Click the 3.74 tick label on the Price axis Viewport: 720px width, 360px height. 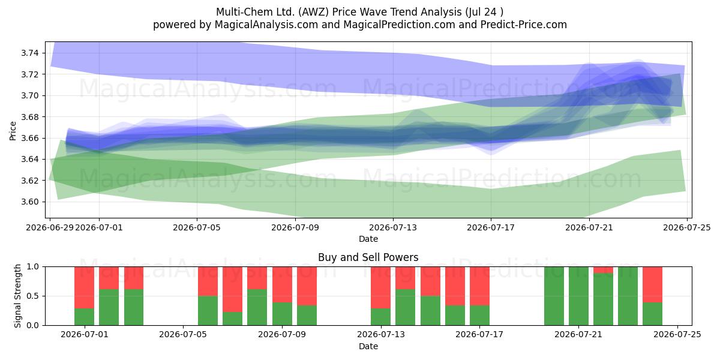point(29,53)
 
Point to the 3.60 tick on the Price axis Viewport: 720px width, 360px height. point(29,202)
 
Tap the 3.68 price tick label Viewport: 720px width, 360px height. point(29,117)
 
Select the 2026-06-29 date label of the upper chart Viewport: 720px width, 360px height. point(50,227)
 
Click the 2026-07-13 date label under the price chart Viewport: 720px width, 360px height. point(393,227)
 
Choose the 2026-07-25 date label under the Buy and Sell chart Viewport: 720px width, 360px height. point(677,334)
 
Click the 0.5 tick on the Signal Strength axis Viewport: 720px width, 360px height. point(33,296)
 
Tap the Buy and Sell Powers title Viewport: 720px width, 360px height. point(368,257)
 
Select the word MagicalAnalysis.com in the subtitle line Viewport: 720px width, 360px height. point(266,25)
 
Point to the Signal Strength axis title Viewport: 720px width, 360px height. point(17,296)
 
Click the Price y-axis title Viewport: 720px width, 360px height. point(13,131)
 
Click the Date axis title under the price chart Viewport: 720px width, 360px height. point(368,239)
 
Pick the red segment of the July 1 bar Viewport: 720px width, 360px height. point(84,287)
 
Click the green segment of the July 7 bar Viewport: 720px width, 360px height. point(232,319)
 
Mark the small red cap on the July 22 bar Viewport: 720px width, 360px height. point(604,269)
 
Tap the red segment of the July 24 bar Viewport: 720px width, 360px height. point(653,284)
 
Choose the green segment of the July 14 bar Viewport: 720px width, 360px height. point(406,307)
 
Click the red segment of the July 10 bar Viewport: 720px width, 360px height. point(307,286)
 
